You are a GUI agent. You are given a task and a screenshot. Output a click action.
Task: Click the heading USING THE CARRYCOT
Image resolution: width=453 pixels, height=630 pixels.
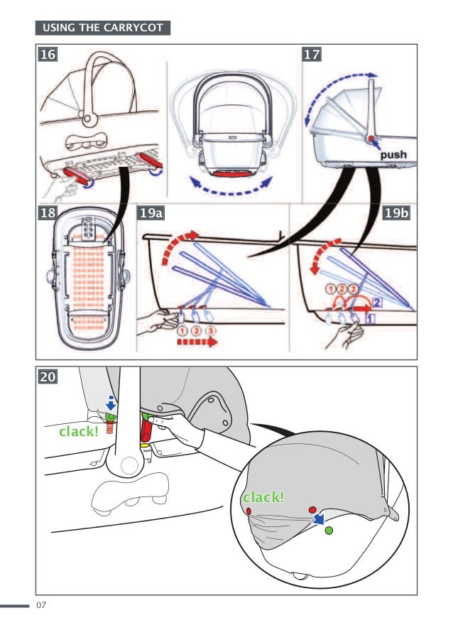coord(102,28)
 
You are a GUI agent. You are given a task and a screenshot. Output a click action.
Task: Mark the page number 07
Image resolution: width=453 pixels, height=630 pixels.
coord(40,605)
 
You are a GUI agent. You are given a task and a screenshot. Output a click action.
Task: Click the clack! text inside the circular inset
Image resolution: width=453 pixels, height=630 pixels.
coord(263,497)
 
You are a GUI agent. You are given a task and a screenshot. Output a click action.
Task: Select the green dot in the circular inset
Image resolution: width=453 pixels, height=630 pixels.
coord(328,530)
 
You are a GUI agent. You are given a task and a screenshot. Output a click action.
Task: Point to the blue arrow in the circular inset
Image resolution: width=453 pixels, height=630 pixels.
coord(322,519)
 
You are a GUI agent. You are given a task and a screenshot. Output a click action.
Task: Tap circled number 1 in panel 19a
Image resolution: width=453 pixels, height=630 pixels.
coord(182,331)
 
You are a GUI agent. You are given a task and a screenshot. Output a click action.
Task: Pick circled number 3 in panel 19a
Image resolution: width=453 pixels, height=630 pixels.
coord(212,331)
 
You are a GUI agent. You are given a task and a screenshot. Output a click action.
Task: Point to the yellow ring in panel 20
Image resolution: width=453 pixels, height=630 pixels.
coord(144,445)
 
